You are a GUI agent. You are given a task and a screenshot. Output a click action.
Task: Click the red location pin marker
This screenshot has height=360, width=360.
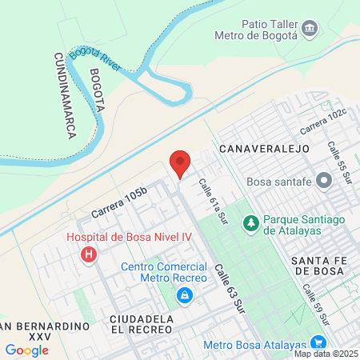180,164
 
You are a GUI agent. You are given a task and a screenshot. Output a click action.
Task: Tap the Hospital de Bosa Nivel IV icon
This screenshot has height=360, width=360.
89,255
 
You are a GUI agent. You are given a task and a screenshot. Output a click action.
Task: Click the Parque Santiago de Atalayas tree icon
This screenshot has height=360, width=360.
250,222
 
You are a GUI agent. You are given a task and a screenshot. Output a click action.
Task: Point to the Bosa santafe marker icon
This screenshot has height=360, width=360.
324,181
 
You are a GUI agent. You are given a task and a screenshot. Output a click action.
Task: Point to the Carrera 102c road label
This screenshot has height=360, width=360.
326,121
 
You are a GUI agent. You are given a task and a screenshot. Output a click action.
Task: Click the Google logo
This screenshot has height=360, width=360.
26,350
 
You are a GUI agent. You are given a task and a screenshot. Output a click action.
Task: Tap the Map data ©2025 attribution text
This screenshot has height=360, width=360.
326,354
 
